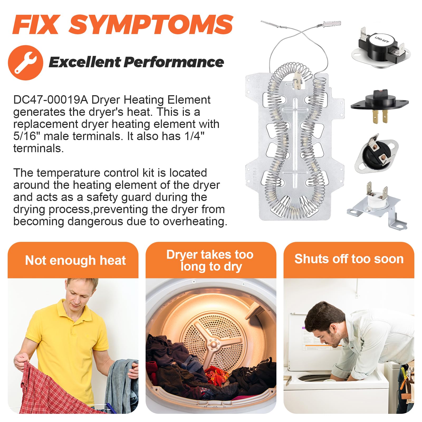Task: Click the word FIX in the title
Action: pos(36,24)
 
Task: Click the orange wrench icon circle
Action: pos(26,63)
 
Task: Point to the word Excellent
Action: pos(85,62)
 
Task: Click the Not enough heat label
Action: pos(75,260)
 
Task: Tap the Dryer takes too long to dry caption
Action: pos(210,261)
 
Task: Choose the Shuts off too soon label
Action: pos(349,259)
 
